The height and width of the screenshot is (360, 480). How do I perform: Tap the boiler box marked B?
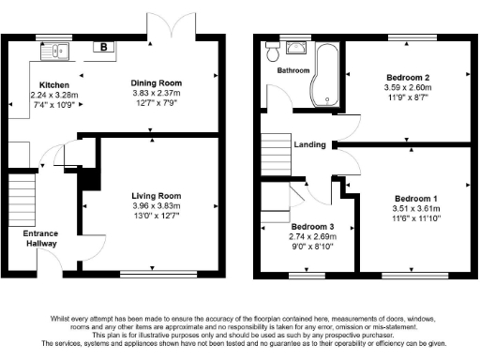[100, 46]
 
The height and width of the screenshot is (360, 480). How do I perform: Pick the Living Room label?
[156, 195]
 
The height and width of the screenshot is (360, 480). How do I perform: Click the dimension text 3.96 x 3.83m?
[156, 205]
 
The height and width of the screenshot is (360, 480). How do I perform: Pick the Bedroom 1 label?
[413, 198]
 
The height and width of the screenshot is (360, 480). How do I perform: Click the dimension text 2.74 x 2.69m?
[313, 237]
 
